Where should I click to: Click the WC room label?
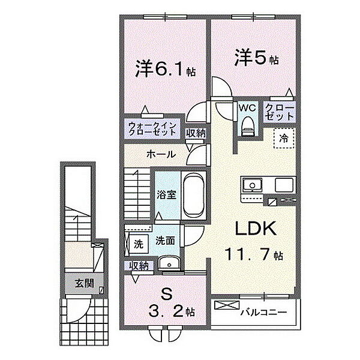[x=247, y=107]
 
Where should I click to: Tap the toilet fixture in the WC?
[x=248, y=126]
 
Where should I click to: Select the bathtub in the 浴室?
[x=194, y=195]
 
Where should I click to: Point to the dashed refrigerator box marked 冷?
[x=284, y=138]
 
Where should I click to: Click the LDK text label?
[x=256, y=228]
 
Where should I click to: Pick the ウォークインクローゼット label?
[x=152, y=129]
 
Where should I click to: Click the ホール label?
[x=161, y=154]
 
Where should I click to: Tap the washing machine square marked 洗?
[x=139, y=244]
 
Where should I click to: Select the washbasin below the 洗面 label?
[x=169, y=263]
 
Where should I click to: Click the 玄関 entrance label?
[x=85, y=284]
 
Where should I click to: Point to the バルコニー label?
[x=263, y=312]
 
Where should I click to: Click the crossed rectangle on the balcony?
[x=227, y=305]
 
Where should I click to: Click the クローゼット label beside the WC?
[x=280, y=112]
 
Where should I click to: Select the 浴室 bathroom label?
[x=166, y=194]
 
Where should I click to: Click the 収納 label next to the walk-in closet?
[x=196, y=133]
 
